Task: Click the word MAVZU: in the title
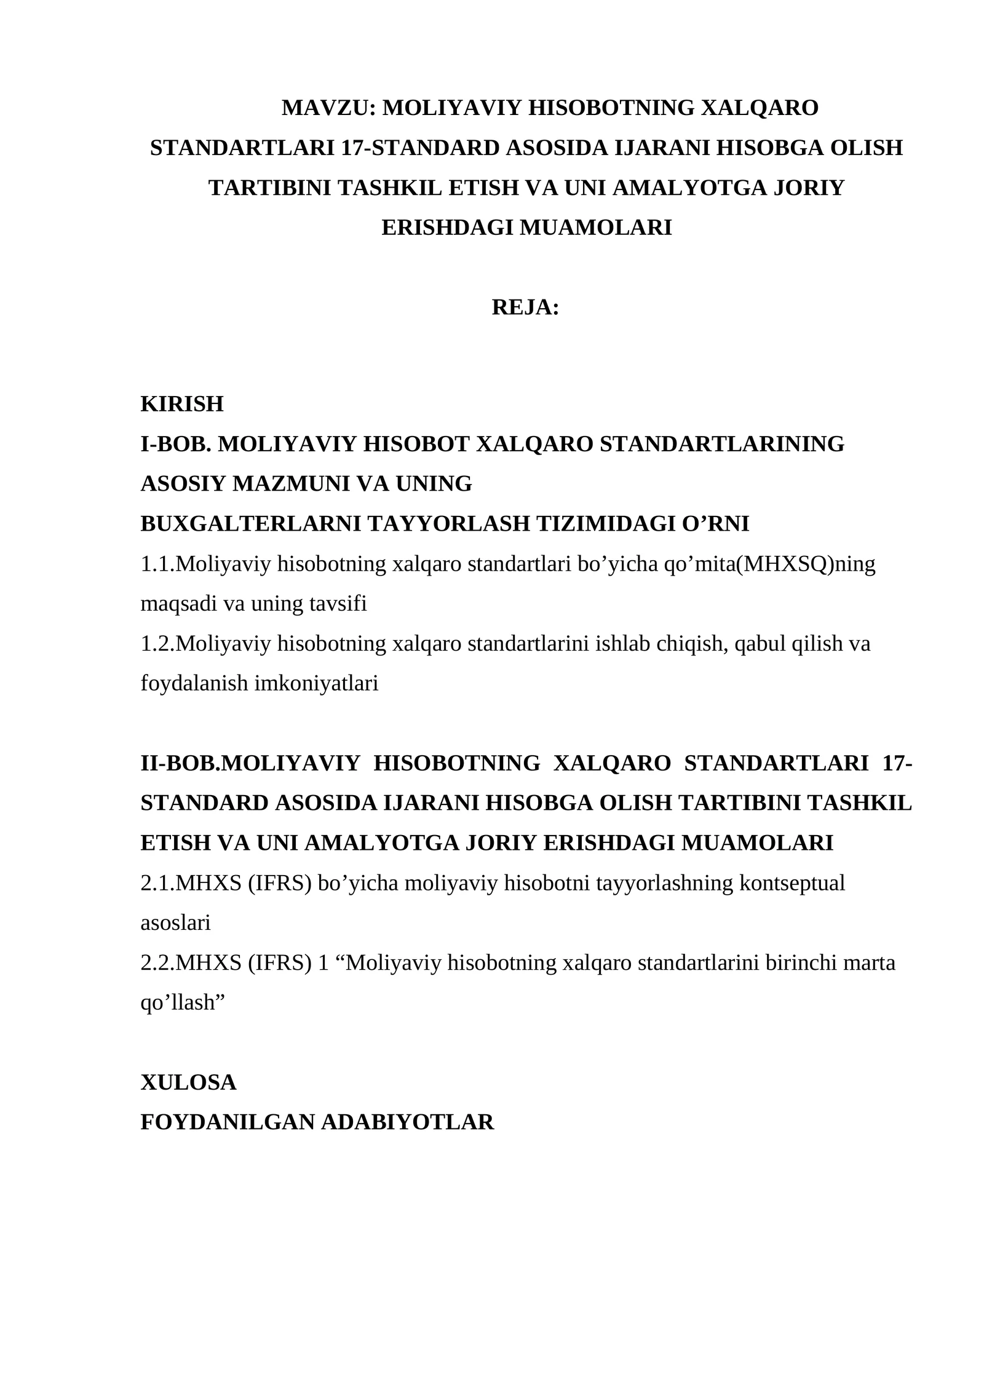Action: [328, 108]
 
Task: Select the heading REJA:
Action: [525, 307]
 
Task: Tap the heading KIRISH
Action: [182, 404]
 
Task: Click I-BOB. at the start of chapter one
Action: [176, 444]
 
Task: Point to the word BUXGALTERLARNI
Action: [250, 524]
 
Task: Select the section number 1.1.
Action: [157, 564]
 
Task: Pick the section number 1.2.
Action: [157, 644]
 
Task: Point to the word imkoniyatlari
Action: [316, 683]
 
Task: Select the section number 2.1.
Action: [157, 883]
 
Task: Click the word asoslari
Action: [175, 922]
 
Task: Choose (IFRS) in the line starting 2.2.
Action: [279, 962]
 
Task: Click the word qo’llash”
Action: [183, 1002]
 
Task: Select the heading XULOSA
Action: [188, 1082]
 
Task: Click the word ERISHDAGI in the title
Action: [448, 228]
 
